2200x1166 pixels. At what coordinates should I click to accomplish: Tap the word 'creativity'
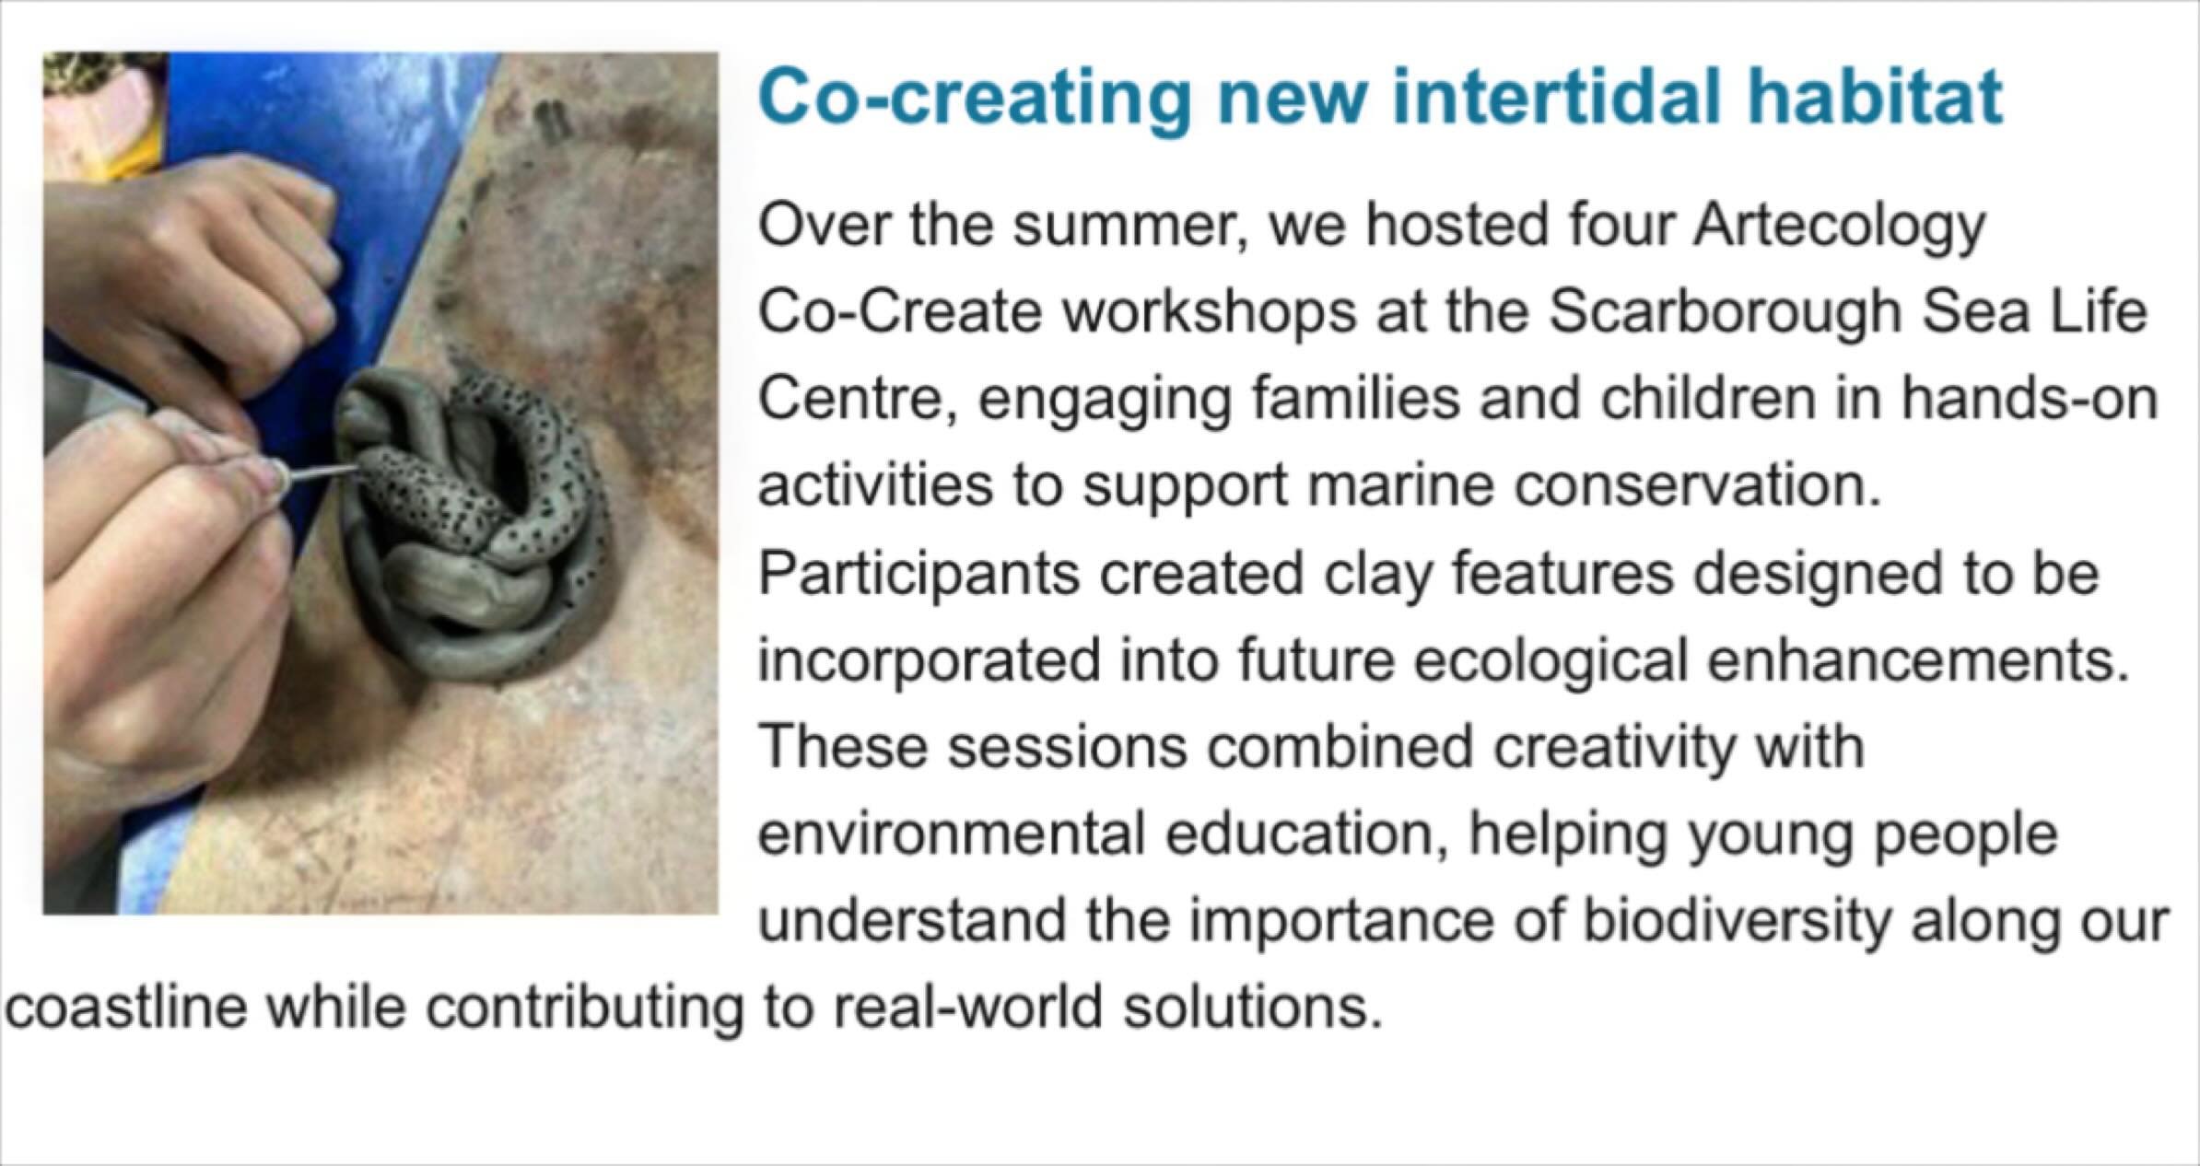point(1612,746)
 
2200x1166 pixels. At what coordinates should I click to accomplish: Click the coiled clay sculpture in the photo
point(470,525)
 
